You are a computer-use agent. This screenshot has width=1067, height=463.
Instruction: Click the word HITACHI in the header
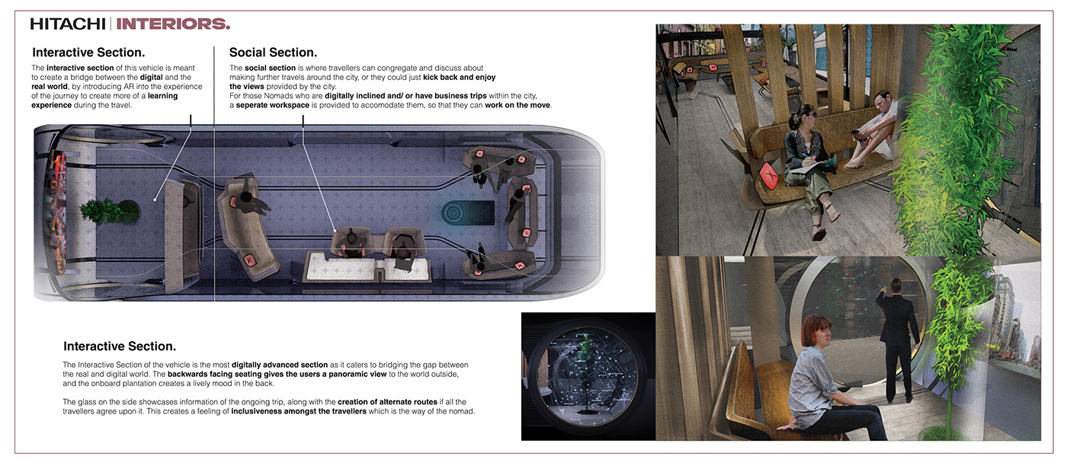pyautogui.click(x=68, y=24)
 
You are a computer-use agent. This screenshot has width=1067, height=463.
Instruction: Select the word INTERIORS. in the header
pyautogui.click(x=174, y=24)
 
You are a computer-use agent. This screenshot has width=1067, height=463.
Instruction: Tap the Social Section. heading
pyautogui.click(x=273, y=53)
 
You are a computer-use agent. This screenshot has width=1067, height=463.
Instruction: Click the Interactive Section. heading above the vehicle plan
pyautogui.click(x=88, y=53)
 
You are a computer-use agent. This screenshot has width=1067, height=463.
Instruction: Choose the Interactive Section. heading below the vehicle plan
pyautogui.click(x=120, y=346)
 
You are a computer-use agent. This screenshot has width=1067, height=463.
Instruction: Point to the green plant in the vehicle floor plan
pyautogui.click(x=109, y=211)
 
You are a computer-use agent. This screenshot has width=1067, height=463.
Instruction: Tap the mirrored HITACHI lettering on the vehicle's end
pyautogui.click(x=591, y=214)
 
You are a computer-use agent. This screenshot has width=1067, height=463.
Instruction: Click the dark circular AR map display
pyautogui.click(x=588, y=375)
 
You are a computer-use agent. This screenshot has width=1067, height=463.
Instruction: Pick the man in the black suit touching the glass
pyautogui.click(x=895, y=340)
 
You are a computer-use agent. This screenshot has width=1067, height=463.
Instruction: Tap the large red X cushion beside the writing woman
pyautogui.click(x=769, y=176)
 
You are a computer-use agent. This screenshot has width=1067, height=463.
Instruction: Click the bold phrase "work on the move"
pyautogui.click(x=517, y=105)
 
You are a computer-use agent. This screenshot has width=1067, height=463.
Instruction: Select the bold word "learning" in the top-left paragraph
pyautogui.click(x=162, y=96)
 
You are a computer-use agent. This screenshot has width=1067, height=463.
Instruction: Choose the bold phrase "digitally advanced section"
pyautogui.click(x=280, y=365)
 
